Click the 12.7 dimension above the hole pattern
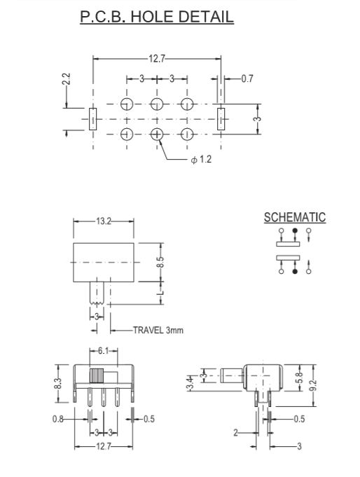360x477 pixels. (157, 60)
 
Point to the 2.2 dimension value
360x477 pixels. (67, 78)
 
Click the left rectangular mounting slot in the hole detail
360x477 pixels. (92, 119)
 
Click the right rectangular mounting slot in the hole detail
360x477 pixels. (221, 119)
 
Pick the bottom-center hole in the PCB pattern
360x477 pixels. (157, 134)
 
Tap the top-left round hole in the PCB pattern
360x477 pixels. (127, 104)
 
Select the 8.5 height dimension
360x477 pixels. (160, 263)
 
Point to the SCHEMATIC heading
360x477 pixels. (294, 217)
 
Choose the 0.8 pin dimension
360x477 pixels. (59, 419)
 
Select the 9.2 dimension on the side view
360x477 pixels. (314, 385)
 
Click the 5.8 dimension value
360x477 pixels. (300, 377)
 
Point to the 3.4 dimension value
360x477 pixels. (189, 383)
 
